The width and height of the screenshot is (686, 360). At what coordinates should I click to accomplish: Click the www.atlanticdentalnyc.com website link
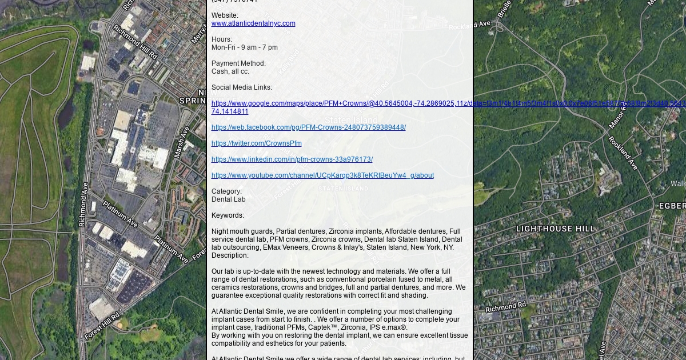[x=253, y=23]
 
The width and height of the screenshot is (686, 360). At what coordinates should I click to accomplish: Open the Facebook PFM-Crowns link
[x=308, y=127]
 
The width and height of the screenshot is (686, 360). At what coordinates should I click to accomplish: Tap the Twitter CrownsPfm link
[x=256, y=143]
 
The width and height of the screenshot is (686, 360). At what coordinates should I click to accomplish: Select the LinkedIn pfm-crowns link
[x=292, y=159]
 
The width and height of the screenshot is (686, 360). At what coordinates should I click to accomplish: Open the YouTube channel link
[x=322, y=175]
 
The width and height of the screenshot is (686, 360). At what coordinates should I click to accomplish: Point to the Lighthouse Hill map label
[x=555, y=229]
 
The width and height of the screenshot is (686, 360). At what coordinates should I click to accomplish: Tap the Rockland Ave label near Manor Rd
[x=623, y=153]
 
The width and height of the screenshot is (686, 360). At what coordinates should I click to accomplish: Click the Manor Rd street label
[x=617, y=115]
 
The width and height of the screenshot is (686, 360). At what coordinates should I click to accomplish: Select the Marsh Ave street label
[x=181, y=142]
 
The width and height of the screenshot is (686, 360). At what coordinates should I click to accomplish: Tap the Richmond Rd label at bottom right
[x=505, y=307]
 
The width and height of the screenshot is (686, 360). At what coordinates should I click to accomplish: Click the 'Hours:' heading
[x=222, y=39]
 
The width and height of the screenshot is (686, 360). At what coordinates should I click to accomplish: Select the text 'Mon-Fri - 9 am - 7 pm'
[x=245, y=47]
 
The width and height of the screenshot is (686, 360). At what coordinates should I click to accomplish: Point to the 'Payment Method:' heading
[x=238, y=63]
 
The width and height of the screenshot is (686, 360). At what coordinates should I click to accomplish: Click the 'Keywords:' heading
[x=228, y=215]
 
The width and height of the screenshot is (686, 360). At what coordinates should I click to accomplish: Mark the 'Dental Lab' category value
[x=229, y=199]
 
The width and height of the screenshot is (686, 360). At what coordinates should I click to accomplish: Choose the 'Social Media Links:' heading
[x=242, y=87]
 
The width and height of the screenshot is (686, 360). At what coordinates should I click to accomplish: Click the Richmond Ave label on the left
[x=83, y=205]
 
